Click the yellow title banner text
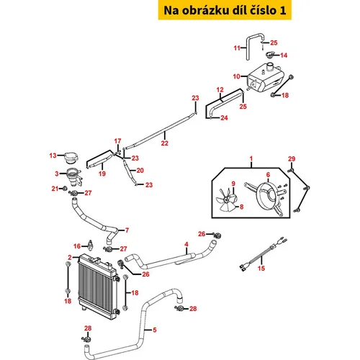click(x=225, y=10)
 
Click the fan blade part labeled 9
click(x=226, y=200)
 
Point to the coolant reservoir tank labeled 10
click(x=265, y=76)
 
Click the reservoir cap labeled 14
click(x=270, y=55)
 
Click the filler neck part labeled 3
click(x=73, y=177)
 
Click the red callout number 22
click(x=165, y=143)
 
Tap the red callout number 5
click(x=155, y=330)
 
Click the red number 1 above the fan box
click(x=251, y=158)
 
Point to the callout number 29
click(x=292, y=159)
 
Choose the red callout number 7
click(x=127, y=230)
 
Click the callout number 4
click(x=186, y=244)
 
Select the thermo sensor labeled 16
click(x=90, y=245)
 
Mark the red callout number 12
click(x=220, y=90)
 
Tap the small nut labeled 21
click(x=64, y=189)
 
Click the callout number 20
click(x=140, y=171)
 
